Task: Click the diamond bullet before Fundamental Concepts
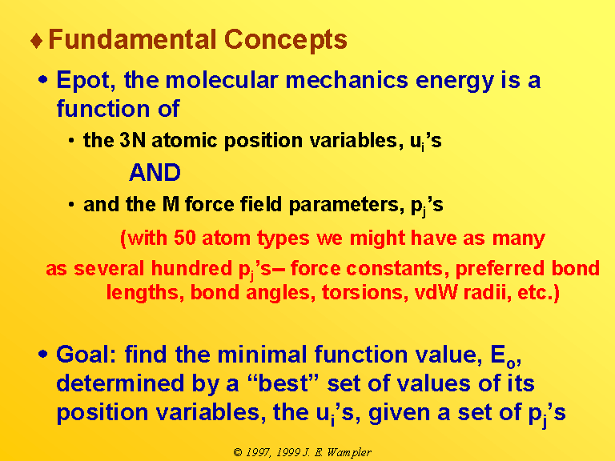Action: (37, 41)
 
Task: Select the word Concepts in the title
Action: (286, 40)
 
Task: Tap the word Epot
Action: (86, 81)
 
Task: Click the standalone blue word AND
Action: (155, 172)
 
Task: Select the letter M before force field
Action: (171, 204)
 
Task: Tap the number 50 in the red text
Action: (185, 238)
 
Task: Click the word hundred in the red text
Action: (191, 268)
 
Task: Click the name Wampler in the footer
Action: (349, 453)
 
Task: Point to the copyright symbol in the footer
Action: (238, 452)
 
